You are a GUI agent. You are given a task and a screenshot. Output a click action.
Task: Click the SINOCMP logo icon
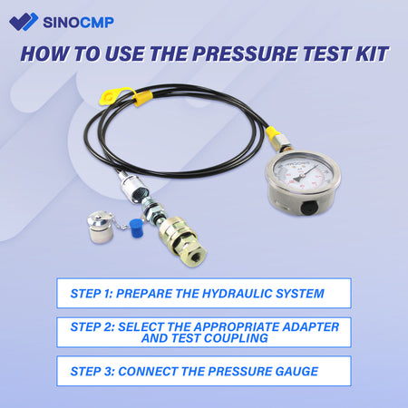[x=27, y=21]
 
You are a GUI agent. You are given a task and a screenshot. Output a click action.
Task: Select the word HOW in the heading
[x=43, y=53]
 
